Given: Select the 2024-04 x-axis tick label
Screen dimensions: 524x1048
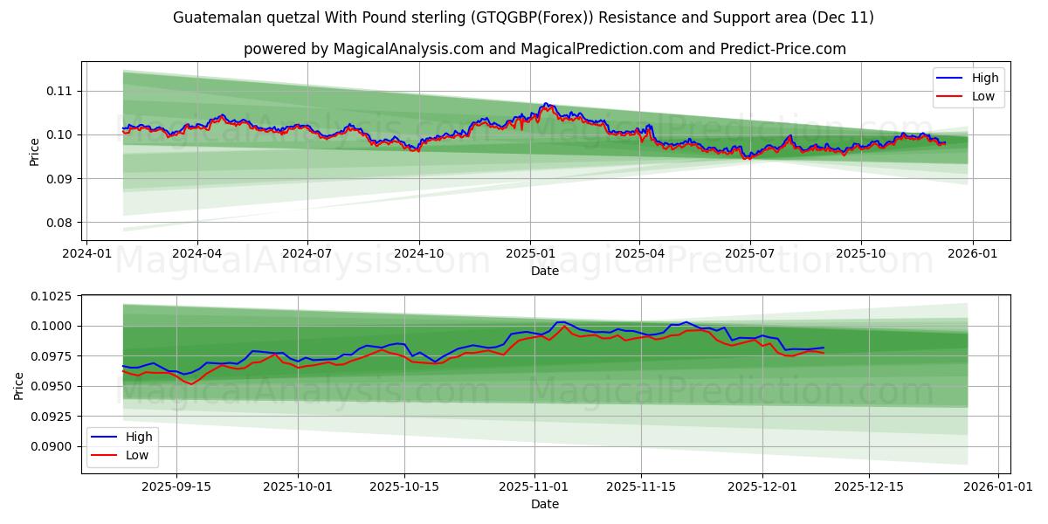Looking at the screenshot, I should pos(196,253).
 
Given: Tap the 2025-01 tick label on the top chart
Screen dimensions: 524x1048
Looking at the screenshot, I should pos(529,253).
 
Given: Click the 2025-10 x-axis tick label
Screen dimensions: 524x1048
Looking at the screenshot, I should pos(861,253).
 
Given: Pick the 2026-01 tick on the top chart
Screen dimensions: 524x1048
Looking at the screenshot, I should pos(973,253).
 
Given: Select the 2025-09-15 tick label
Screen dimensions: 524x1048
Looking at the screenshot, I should pos(176,486).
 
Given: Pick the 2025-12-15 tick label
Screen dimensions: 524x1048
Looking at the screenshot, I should pos(869,486).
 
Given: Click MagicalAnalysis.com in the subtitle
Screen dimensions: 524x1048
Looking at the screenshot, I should pos(409,49).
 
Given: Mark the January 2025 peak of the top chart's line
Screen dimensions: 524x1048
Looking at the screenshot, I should pos(545,104).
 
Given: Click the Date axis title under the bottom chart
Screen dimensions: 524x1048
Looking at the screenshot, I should pos(545,504).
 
